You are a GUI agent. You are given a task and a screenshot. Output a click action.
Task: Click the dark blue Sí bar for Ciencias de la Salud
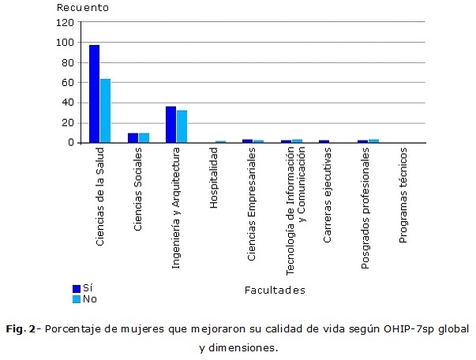(x=94, y=94)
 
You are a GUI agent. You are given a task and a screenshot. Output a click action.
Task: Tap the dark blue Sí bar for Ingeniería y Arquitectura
(x=171, y=125)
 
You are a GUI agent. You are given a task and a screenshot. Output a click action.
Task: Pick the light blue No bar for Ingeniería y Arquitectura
(x=182, y=126)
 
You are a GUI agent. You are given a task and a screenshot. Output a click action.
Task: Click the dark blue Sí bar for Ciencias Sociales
(x=133, y=138)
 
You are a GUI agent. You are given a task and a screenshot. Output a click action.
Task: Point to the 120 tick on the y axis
(x=65, y=22)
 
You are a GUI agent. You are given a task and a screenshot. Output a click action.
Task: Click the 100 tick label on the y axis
(x=65, y=43)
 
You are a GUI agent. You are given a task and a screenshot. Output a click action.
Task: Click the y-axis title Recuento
(x=77, y=8)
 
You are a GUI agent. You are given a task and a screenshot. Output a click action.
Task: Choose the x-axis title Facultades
(x=275, y=291)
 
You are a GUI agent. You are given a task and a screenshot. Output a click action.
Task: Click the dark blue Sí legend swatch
(x=77, y=289)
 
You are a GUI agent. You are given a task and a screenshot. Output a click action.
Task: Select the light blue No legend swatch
(x=77, y=299)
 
